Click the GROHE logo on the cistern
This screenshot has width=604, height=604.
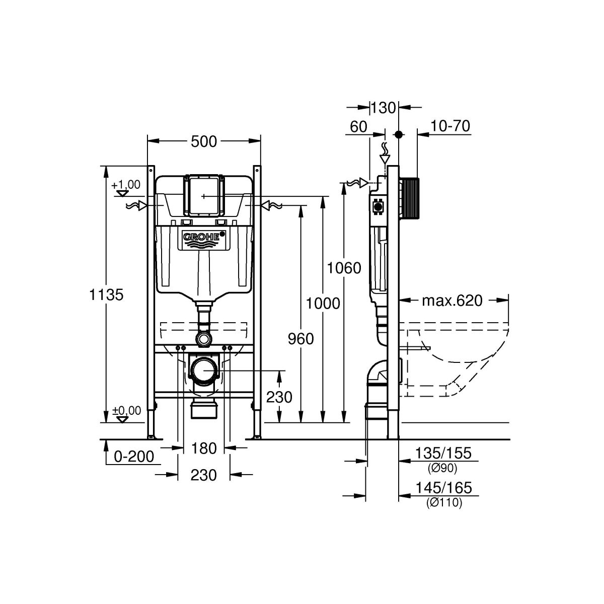tap(204, 237)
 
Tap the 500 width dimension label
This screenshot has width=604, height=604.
tap(204, 141)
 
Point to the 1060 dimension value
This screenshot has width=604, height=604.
tap(344, 268)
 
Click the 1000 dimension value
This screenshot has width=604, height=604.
tap(323, 304)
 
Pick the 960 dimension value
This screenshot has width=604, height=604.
tap(301, 339)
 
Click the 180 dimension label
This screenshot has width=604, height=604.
tap(204, 448)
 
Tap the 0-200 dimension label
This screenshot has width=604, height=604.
tap(134, 457)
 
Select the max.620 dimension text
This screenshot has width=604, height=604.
tap(452, 300)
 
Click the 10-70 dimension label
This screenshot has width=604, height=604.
tap(450, 126)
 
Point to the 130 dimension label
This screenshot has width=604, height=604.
tap(384, 108)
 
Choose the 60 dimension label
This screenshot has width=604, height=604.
tap(358, 127)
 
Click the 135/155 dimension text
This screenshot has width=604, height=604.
tap(443, 453)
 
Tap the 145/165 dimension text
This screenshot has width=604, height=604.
tap(443, 488)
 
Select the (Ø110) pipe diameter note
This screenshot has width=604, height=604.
tap(444, 503)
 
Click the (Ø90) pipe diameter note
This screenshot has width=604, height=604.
tap(442, 468)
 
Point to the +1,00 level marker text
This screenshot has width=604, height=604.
tap(126, 185)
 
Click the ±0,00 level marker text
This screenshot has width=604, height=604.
tap(127, 410)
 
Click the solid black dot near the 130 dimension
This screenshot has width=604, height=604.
tap(398, 135)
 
